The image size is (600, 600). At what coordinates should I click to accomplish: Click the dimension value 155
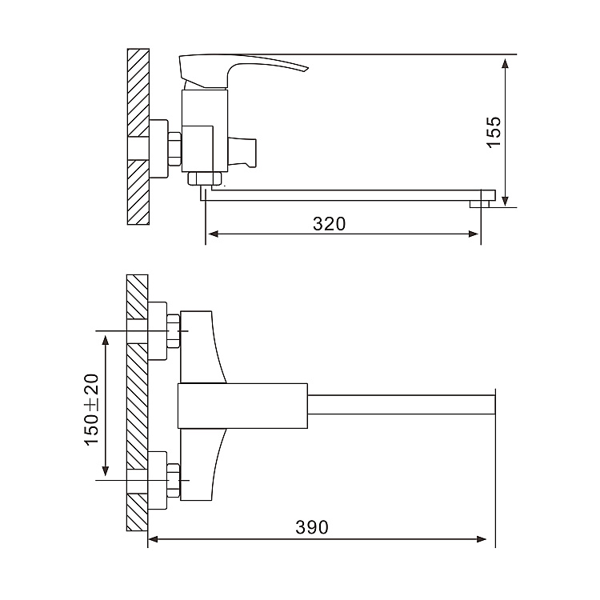pyautogui.click(x=494, y=132)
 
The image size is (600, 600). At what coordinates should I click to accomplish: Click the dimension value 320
pyautogui.click(x=329, y=224)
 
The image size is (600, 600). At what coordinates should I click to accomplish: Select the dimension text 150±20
pyautogui.click(x=92, y=409)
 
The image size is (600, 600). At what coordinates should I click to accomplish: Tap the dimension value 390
pyautogui.click(x=312, y=527)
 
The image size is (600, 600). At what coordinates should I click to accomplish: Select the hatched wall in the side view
pyautogui.click(x=138, y=136)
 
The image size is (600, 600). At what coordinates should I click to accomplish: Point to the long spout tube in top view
pyautogui.click(x=400, y=403)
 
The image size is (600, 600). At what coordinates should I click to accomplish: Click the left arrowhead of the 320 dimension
pyautogui.click(x=213, y=234)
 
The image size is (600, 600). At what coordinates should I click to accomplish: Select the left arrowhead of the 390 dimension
pyautogui.click(x=154, y=539)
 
